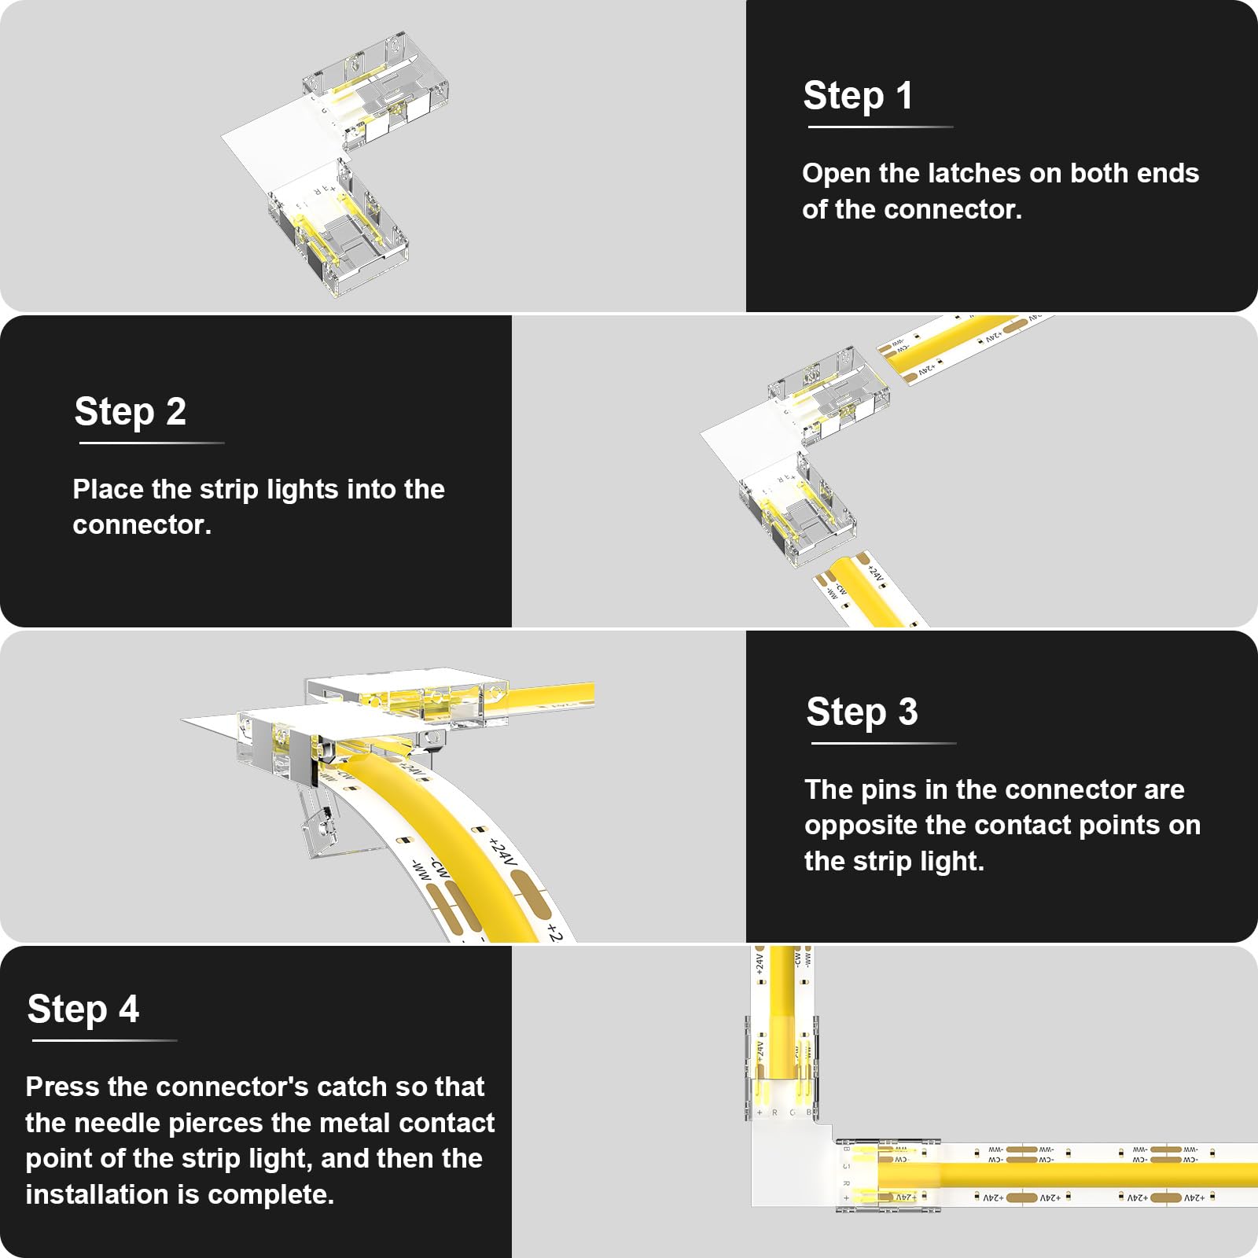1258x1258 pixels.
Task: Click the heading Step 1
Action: pos(857,96)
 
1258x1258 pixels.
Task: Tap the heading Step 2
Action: pos(131,412)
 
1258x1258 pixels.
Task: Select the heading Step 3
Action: pos(862,712)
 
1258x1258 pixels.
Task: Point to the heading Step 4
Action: pos(83,1010)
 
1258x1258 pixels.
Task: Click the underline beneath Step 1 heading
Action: pos(879,127)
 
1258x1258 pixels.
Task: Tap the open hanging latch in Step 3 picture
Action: pos(321,826)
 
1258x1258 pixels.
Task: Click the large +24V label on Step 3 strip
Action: pos(503,855)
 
